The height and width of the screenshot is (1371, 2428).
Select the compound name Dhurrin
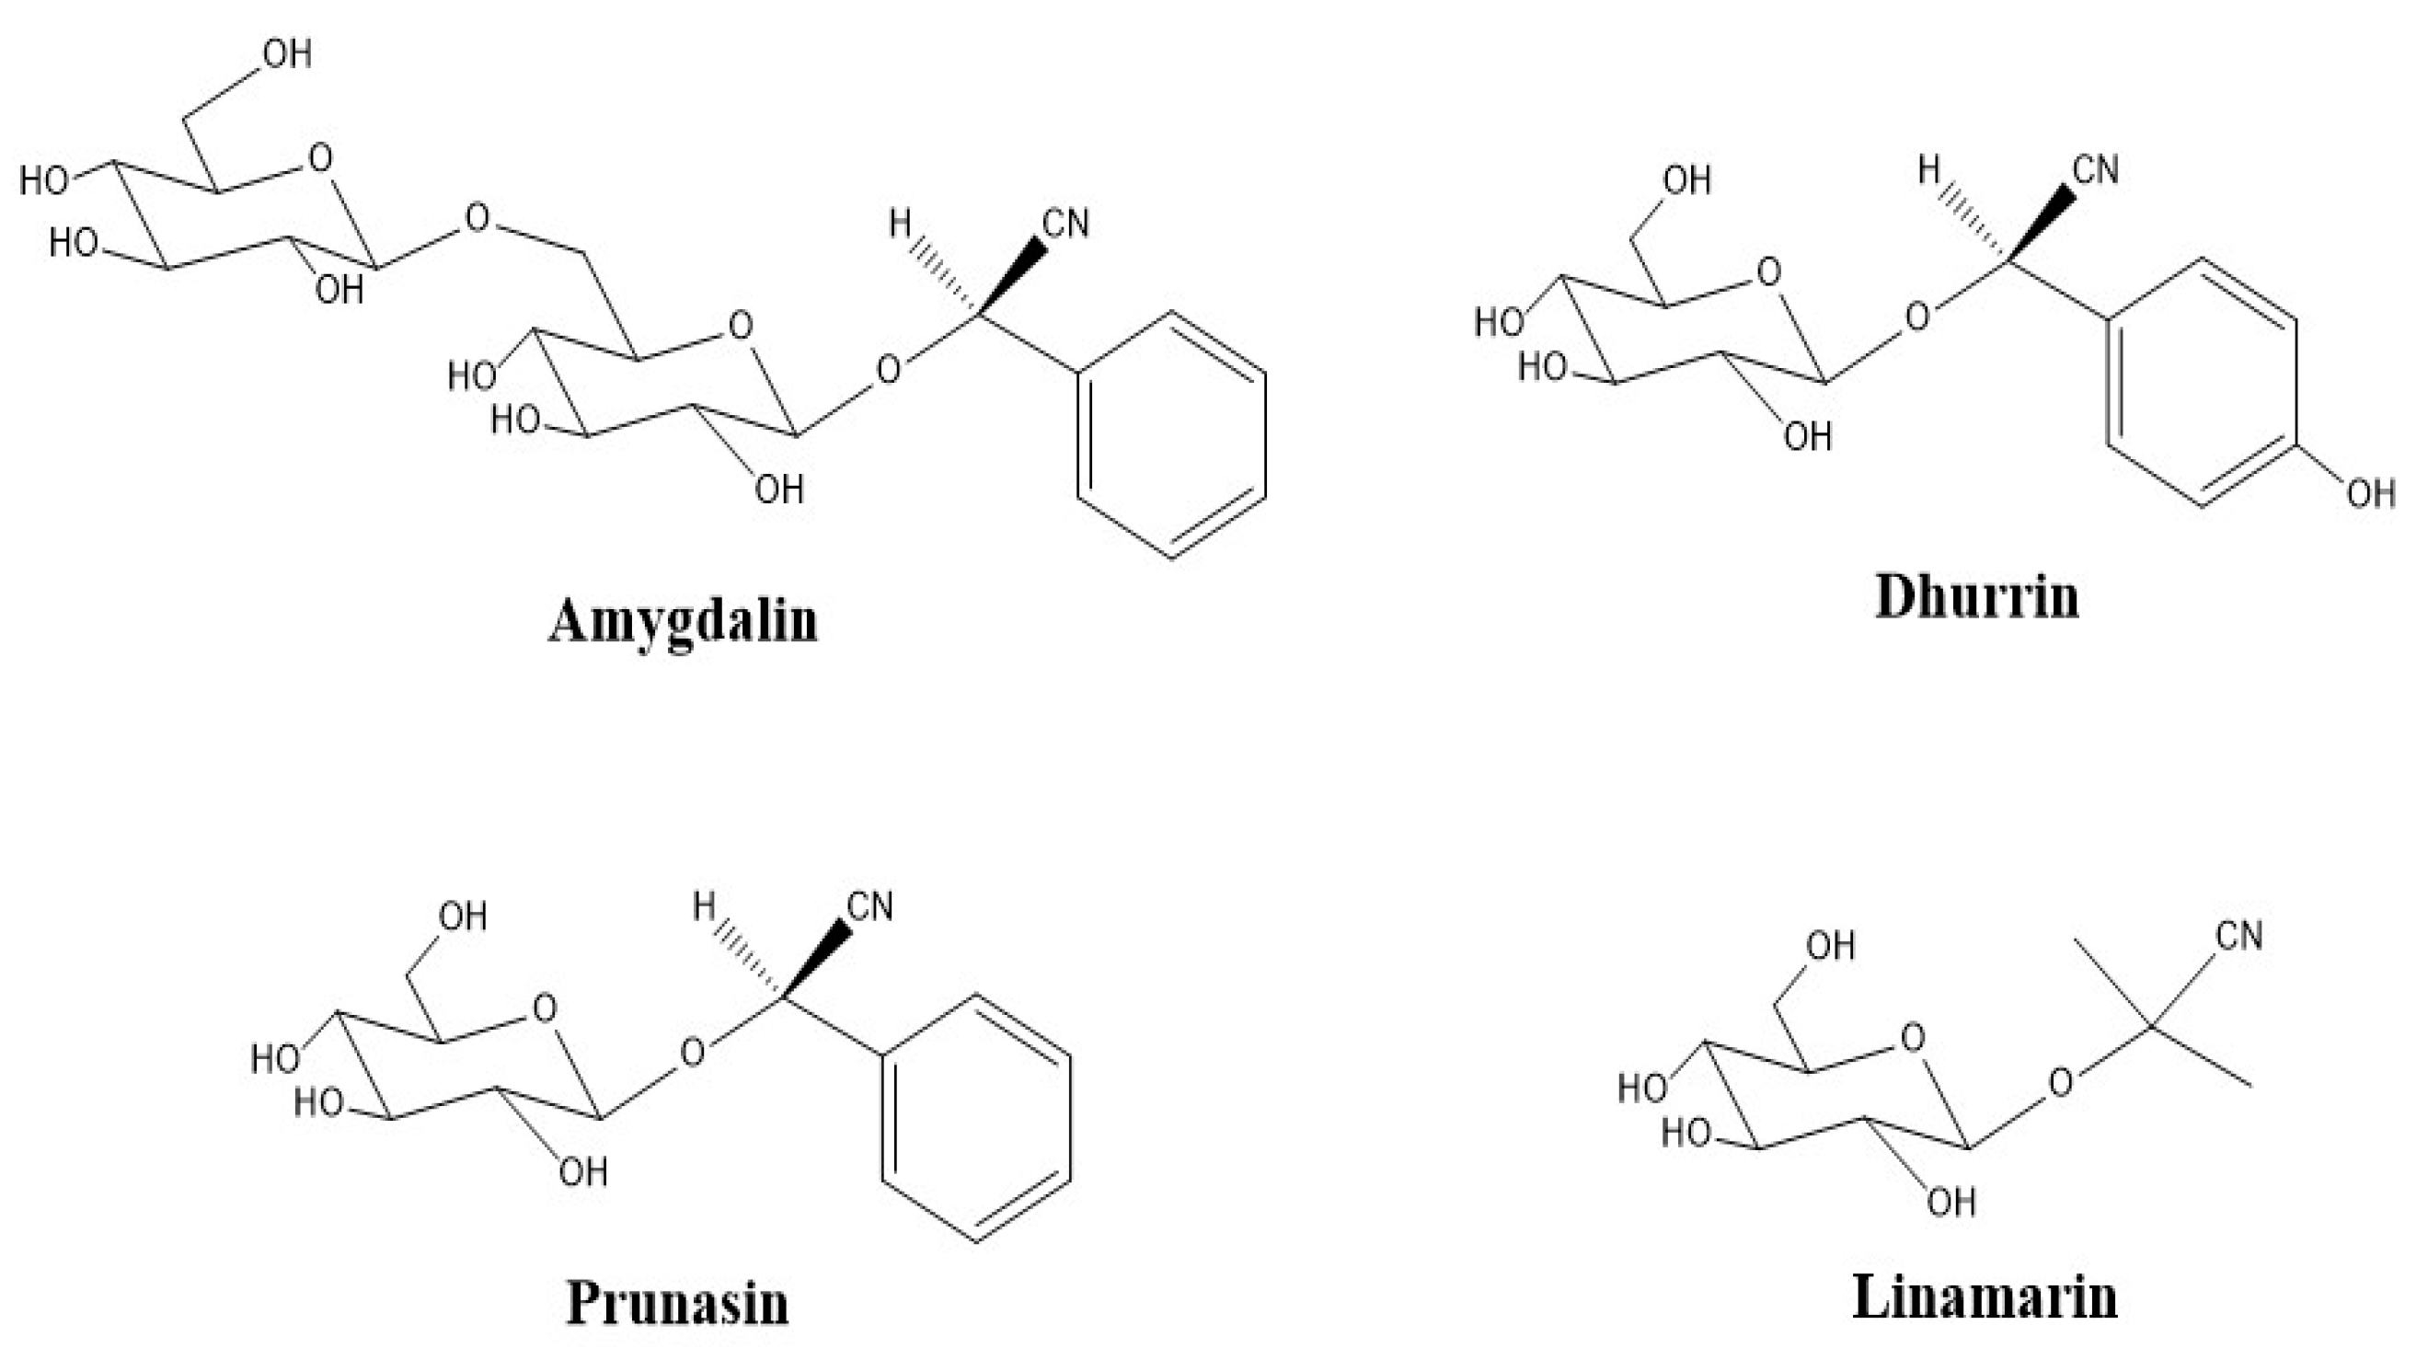coord(1976,598)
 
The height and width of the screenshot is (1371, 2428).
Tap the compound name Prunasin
coord(677,1303)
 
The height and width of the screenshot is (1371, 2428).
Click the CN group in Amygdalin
coord(1066,225)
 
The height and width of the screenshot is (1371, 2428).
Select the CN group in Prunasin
coord(870,907)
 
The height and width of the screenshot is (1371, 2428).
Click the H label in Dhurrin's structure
coord(1929,170)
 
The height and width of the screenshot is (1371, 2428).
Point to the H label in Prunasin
coord(704,907)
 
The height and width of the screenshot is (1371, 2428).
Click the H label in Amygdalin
coord(900,225)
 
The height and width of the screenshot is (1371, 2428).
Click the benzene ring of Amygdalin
coord(1171,433)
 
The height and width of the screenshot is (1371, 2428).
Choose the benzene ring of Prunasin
coord(975,1117)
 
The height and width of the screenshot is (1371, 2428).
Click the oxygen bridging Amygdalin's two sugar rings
coord(478,219)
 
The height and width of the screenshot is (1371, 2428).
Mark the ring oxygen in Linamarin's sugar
coord(1913,1038)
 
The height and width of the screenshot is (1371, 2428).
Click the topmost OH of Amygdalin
coord(286,54)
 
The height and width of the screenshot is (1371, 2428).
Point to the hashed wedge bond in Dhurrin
coord(1973,221)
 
